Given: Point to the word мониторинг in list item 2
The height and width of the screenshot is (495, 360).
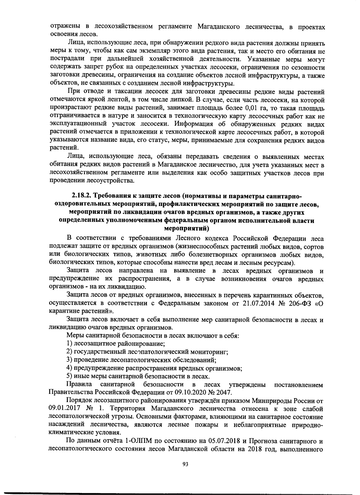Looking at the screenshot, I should (x=212, y=352).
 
